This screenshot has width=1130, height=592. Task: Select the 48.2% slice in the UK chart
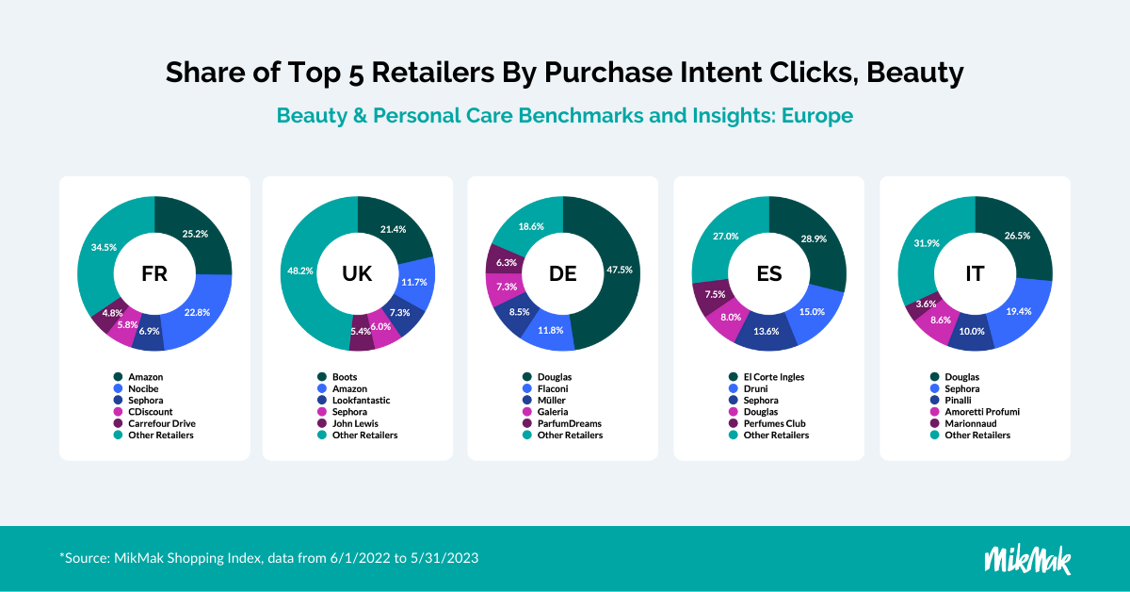pyautogui.click(x=299, y=272)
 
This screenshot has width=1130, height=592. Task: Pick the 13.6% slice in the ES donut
pyautogui.click(x=766, y=333)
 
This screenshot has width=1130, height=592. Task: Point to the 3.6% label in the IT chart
pyautogui.click(x=926, y=304)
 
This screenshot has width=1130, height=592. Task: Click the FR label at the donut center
pyautogui.click(x=154, y=273)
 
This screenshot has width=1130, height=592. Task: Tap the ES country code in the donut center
pyautogui.click(x=768, y=273)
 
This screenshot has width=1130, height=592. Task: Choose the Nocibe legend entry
pyautogui.click(x=137, y=388)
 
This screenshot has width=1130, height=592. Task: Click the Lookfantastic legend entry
pyautogui.click(x=354, y=400)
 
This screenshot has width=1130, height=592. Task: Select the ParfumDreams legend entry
pyautogui.click(x=562, y=423)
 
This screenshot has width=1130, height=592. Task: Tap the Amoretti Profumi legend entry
pyautogui.click(x=975, y=412)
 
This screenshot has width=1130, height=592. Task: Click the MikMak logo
pyautogui.click(x=1027, y=560)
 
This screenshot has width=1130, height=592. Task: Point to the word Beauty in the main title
pyautogui.click(x=915, y=73)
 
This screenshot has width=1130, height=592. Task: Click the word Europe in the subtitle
pyautogui.click(x=817, y=116)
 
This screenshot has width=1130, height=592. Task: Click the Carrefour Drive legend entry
pyautogui.click(x=154, y=423)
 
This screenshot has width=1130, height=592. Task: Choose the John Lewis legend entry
pyautogui.click(x=348, y=423)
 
